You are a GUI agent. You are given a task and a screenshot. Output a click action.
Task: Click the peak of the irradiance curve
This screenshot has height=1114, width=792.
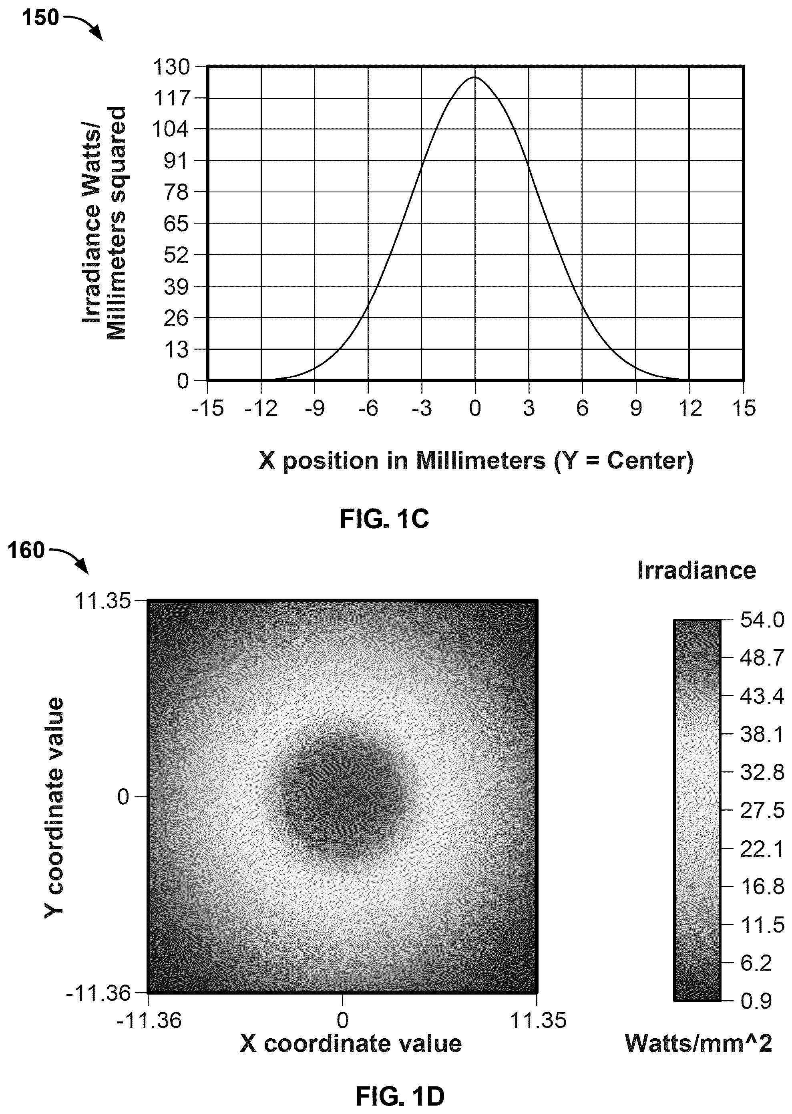[475, 77]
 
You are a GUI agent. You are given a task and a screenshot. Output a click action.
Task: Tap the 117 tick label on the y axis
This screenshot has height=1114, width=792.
[171, 98]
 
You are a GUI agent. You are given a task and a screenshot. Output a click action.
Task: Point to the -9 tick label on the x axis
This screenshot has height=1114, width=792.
[315, 408]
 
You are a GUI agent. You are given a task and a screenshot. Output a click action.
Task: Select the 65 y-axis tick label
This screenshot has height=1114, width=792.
[176, 224]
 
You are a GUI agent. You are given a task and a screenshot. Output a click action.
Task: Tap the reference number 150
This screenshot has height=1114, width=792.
[40, 18]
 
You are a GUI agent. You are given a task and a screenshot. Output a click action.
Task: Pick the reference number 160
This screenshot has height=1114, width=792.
[26, 551]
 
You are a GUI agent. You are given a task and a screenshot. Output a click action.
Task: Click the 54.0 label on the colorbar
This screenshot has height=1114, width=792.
[762, 620]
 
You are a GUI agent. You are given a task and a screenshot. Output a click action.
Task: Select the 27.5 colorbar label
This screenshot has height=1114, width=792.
[762, 811]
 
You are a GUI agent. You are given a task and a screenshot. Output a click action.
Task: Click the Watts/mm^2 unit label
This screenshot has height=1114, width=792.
[698, 1043]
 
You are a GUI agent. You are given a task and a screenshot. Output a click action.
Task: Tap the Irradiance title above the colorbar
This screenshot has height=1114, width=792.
[696, 570]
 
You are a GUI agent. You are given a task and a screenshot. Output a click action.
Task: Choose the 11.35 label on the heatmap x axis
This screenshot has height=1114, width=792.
[538, 1020]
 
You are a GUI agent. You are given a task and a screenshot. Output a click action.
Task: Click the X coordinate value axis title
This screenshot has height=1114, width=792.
[351, 1044]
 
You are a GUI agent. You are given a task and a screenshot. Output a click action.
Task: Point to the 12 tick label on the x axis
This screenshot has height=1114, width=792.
[689, 408]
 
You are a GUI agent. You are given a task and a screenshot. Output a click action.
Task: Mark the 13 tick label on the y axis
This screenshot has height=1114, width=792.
[176, 349]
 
